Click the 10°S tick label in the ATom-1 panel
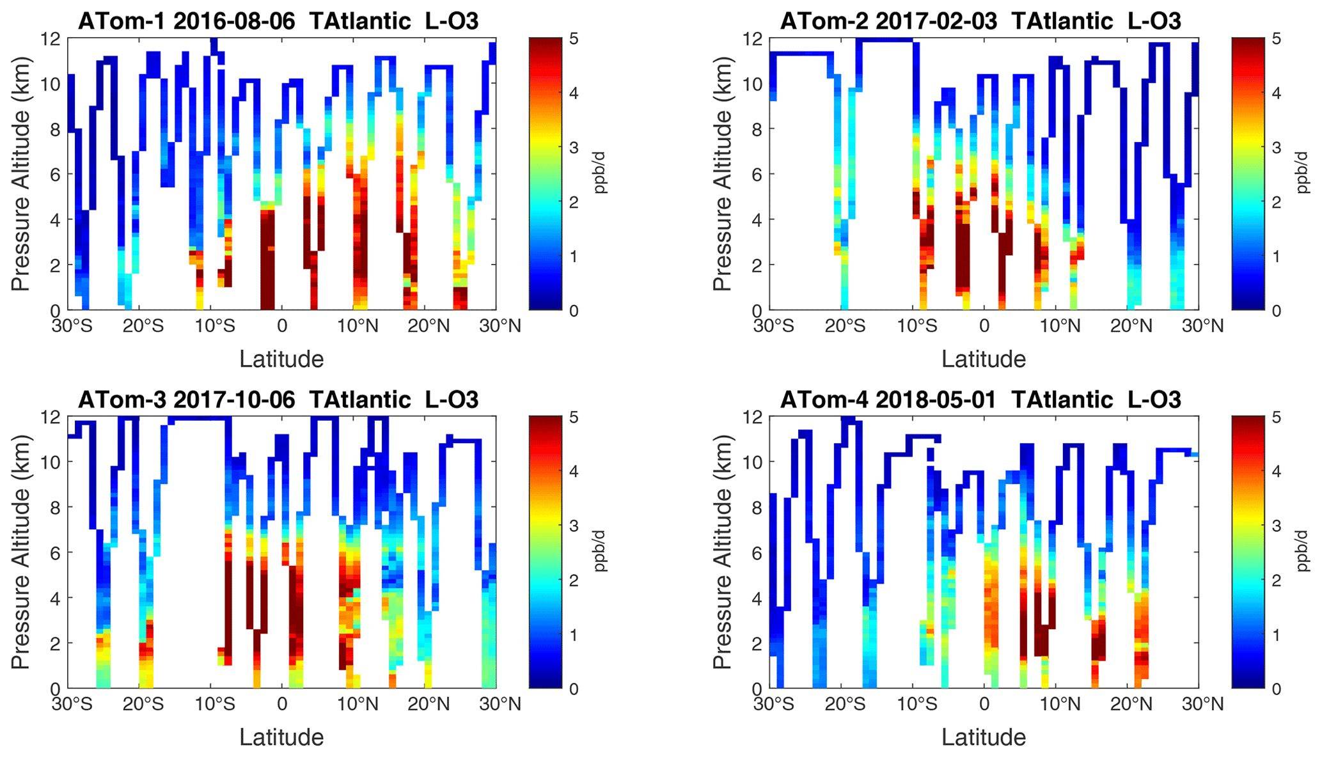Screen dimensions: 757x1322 pyautogui.click(x=215, y=326)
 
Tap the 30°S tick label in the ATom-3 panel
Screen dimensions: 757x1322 pyautogui.click(x=72, y=705)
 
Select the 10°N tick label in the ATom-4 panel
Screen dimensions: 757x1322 pyautogui.click(x=1059, y=705)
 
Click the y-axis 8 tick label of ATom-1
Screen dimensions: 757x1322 pyautogui.click(x=56, y=129)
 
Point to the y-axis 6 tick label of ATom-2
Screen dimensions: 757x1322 pyautogui.click(x=758, y=175)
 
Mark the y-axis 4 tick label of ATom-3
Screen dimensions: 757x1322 pyautogui.click(x=56, y=598)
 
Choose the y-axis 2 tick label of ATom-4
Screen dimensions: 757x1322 pyautogui.click(x=758, y=643)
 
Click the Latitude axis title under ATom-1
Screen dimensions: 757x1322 pyautogui.click(x=281, y=359)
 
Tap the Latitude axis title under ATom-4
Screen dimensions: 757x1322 pyautogui.click(x=984, y=738)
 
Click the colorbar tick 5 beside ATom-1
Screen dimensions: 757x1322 pyautogui.click(x=574, y=39)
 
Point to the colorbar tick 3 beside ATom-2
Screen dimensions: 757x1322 pyautogui.click(x=1276, y=148)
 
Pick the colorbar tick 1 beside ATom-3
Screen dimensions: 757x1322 pyautogui.click(x=574, y=635)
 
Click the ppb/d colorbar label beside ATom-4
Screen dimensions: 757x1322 pyautogui.click(x=1303, y=552)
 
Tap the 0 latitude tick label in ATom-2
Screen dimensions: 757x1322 pyautogui.click(x=984, y=326)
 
